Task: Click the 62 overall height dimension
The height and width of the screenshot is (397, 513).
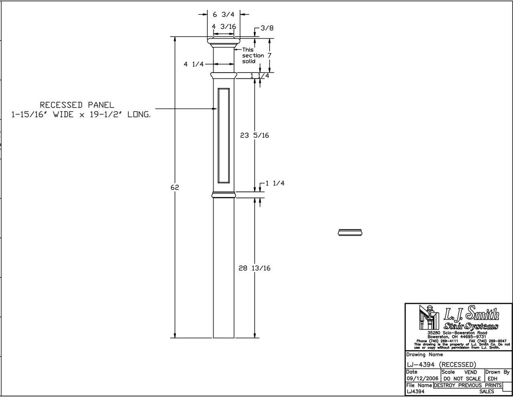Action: (174, 187)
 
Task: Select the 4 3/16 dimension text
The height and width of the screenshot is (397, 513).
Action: (224, 26)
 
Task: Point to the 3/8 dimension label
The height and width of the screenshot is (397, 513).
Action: (267, 28)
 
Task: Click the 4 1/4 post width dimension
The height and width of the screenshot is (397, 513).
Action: (194, 64)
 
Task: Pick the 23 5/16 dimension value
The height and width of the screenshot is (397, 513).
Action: (254, 135)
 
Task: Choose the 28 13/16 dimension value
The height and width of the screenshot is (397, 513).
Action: (254, 268)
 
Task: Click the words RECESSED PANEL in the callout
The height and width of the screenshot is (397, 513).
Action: (77, 105)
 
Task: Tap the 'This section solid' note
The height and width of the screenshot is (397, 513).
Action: (253, 56)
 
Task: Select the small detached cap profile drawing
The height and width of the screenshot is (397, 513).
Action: (351, 232)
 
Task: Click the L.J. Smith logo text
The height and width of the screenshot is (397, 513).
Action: (471, 314)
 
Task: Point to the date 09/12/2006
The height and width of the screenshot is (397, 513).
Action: (422, 379)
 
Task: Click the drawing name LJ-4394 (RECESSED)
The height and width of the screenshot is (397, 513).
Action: (441, 364)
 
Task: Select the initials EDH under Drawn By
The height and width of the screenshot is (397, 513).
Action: (493, 379)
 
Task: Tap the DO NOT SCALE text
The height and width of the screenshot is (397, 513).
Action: (462, 379)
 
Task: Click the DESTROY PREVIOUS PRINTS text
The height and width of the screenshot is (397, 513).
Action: (468, 385)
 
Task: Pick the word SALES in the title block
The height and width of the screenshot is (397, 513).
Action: (487, 391)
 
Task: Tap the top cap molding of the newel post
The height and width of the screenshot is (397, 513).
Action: (224, 41)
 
